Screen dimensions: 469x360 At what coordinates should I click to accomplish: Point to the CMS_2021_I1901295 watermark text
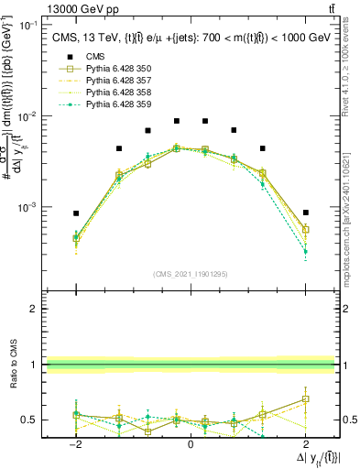(191, 274)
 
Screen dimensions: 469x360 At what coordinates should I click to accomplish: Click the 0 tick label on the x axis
(191, 444)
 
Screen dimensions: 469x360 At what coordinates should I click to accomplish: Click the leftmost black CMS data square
(76, 213)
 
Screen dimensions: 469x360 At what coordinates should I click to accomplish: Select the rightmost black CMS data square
(305, 213)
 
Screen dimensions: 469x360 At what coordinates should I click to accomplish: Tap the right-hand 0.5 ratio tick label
(350, 420)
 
